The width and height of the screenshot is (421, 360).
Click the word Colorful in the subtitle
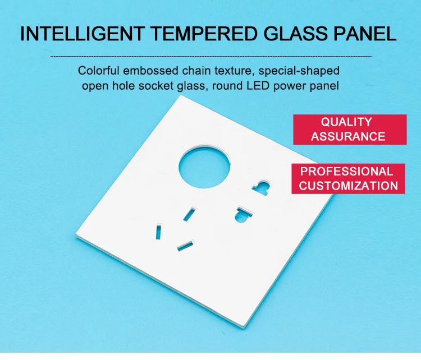[99, 71]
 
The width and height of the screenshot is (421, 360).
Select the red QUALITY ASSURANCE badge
[349, 129]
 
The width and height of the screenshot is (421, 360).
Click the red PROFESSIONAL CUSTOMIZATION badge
[349, 178]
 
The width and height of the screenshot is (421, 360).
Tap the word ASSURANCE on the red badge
[348, 136]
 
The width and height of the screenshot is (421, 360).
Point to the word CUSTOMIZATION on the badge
[349, 186]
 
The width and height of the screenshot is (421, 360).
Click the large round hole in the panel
[204, 166]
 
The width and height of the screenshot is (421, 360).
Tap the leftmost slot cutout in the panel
[159, 232]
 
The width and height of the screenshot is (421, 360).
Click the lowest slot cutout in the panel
[185, 244]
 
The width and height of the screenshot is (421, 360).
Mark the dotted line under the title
[210, 57]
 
